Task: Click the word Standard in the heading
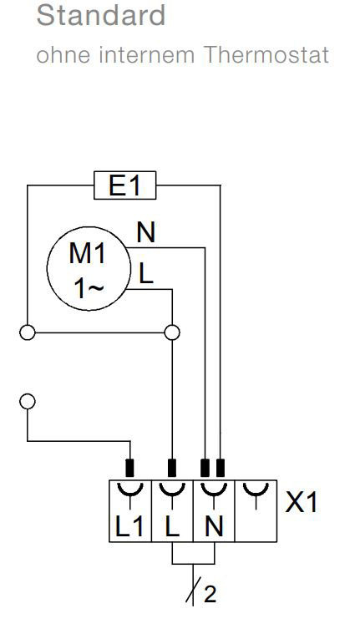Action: [101, 15]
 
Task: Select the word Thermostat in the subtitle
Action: [266, 54]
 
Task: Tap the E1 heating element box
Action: [124, 185]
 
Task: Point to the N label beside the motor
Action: [146, 232]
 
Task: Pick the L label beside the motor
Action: [145, 274]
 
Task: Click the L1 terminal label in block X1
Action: [130, 526]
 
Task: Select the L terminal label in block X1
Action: [172, 526]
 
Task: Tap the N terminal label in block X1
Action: [214, 526]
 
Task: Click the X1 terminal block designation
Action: [302, 503]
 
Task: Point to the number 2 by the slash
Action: [210, 594]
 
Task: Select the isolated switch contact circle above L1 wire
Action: [28, 402]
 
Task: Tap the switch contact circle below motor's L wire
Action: [172, 332]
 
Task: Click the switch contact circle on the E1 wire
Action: [28, 332]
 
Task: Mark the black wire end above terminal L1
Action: [129, 468]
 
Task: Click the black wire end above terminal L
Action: [172, 468]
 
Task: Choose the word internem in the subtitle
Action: [147, 54]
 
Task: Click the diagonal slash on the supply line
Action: [194, 590]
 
